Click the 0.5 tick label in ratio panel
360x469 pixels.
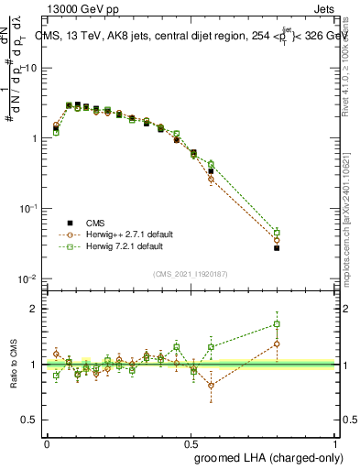point(29,420)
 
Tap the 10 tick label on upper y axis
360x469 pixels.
point(29,69)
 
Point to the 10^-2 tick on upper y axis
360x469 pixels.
point(27,278)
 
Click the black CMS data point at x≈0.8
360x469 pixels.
point(276,247)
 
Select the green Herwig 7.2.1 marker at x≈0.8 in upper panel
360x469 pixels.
point(276,233)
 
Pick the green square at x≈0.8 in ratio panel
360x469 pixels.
point(276,323)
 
